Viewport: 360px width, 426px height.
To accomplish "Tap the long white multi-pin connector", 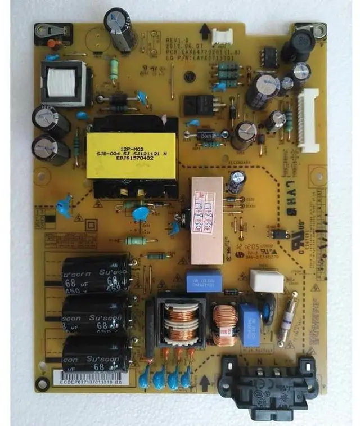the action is pyautogui.click(x=308, y=121).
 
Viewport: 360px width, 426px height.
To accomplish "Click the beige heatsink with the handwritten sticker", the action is pyautogui.click(x=206, y=220).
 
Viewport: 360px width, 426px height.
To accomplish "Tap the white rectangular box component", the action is pyautogui.click(x=266, y=280).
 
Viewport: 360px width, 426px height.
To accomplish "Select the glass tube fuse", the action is pyautogui.click(x=287, y=320).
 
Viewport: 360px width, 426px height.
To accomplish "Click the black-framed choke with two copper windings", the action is pyautogui.click(x=179, y=322).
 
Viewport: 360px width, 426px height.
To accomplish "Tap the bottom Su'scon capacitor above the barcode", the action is pyautogui.click(x=96, y=353).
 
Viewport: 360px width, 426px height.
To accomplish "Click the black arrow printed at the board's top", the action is pyautogui.click(x=205, y=32).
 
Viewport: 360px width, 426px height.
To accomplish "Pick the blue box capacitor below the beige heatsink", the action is pyautogui.click(x=204, y=282).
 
